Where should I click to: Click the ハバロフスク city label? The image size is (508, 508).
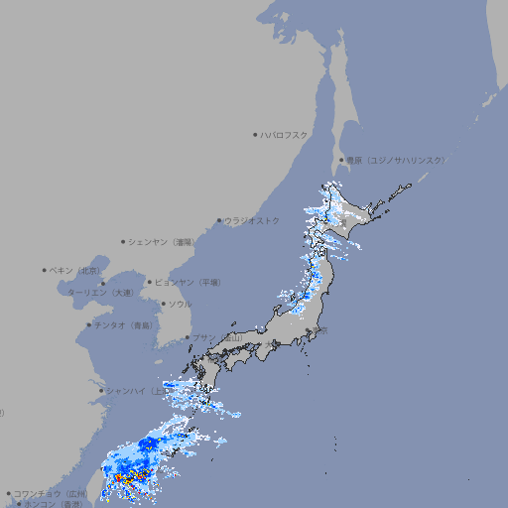(285, 134)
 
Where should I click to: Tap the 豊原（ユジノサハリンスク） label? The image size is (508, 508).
(395, 160)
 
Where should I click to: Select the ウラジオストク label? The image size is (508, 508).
(252, 220)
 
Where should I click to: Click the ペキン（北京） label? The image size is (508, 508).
(76, 270)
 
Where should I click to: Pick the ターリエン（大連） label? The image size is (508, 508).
(100, 293)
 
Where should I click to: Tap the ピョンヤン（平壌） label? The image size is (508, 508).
(189, 282)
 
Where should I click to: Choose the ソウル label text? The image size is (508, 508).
(180, 304)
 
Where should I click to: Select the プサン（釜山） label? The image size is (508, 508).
(217, 338)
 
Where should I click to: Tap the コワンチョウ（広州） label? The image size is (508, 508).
(51, 493)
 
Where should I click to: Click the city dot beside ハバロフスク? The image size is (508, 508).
(255, 134)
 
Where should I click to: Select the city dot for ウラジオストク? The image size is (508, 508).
(219, 220)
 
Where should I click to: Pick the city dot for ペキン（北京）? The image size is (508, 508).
(45, 270)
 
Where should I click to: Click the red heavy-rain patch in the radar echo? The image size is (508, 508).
(128, 477)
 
